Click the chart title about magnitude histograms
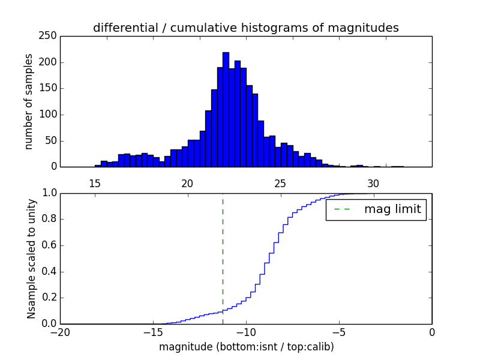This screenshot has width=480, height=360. click(x=245, y=28)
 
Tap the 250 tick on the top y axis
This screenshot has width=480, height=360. click(x=50, y=36)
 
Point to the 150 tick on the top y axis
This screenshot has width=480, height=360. click(x=50, y=88)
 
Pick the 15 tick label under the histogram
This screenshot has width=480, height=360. click(x=95, y=184)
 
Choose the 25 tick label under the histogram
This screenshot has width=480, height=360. click(x=280, y=184)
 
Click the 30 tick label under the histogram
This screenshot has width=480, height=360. click(x=373, y=184)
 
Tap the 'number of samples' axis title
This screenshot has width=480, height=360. click(x=29, y=101)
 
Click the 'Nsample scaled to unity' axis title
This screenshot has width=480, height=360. click(x=31, y=259)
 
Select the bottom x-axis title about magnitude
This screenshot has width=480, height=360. click(x=246, y=347)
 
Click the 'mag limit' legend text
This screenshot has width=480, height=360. click(x=392, y=210)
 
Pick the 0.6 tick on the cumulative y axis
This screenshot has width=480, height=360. click(x=48, y=245)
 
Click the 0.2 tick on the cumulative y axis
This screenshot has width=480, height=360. click(x=48, y=298)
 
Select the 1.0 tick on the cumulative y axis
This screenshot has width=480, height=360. click(x=48, y=193)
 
